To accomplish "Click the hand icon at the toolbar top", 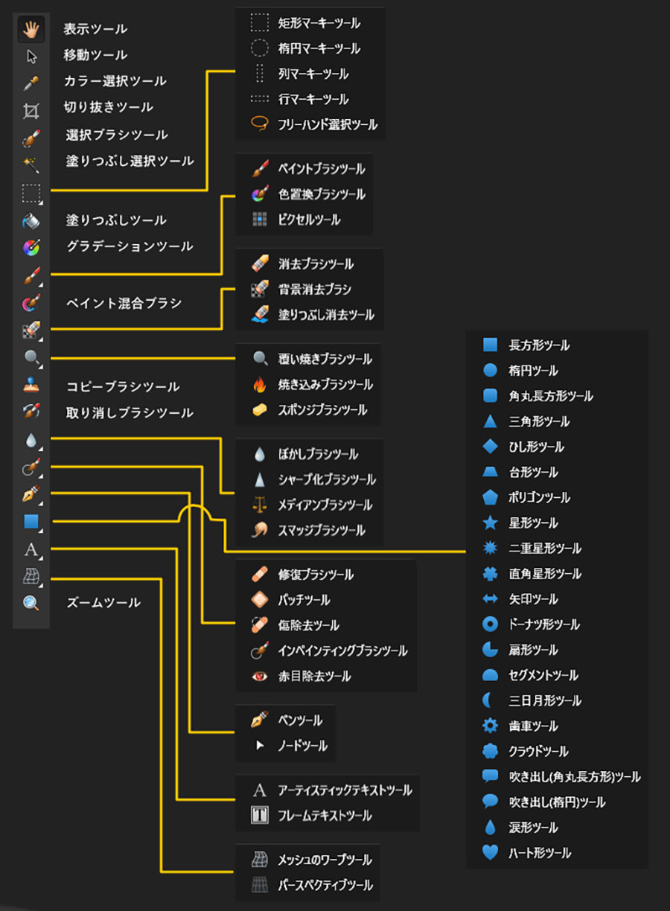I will tap(31, 30).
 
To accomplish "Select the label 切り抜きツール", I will tap(109, 107).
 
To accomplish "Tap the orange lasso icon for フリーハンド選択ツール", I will tap(259, 125).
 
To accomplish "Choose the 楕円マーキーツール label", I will tap(319, 49).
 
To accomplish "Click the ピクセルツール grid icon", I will tap(259, 220).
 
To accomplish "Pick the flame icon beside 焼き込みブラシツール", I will tap(259, 385).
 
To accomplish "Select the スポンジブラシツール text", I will tap(322, 410).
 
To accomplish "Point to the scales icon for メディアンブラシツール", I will tap(259, 505).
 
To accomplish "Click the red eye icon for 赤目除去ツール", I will tap(259, 677).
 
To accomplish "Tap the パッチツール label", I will tap(304, 600).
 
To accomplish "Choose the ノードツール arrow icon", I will tap(259, 746).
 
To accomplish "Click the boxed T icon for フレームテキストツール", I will tap(259, 816).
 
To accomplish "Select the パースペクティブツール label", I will tap(325, 886).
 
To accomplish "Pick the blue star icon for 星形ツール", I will tap(490, 523).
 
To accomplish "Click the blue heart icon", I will tap(490, 853).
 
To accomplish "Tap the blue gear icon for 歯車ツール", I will tap(490, 726).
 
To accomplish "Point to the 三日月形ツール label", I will tap(546, 701).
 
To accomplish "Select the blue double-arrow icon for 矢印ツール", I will tap(490, 599).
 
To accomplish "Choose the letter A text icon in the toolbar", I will tap(31, 550).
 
